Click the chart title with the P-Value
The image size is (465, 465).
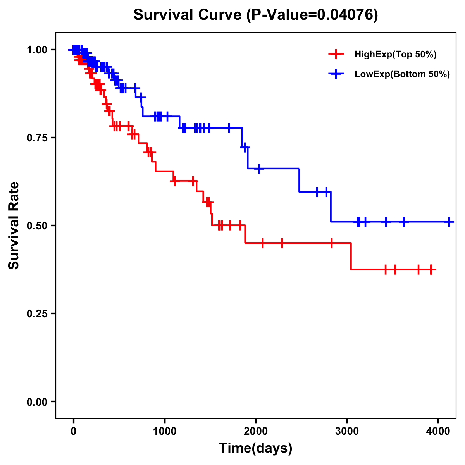pyautogui.click(x=255, y=15)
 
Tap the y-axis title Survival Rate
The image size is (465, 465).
pyautogui.click(x=14, y=225)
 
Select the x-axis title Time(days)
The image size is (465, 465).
pyautogui.click(x=256, y=448)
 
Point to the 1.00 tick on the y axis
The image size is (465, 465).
pyautogui.click(x=37, y=50)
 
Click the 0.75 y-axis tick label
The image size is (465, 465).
pyautogui.click(x=37, y=138)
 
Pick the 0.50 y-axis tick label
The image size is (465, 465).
pyautogui.click(x=37, y=226)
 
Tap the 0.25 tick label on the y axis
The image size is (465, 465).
pyautogui.click(x=37, y=313)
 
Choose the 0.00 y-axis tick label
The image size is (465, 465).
pyautogui.click(x=37, y=401)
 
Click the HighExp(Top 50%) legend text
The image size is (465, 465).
pyautogui.click(x=395, y=55)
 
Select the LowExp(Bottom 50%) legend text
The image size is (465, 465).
pyautogui.click(x=402, y=74)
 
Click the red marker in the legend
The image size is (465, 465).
pyautogui.click(x=336, y=55)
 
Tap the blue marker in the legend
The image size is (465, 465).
pyautogui.click(x=336, y=74)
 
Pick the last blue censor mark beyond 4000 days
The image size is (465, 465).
pyautogui.click(x=449, y=222)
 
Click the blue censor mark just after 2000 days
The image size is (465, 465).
pyautogui.click(x=259, y=169)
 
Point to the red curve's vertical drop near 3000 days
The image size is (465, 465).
pyautogui.click(x=351, y=256)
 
